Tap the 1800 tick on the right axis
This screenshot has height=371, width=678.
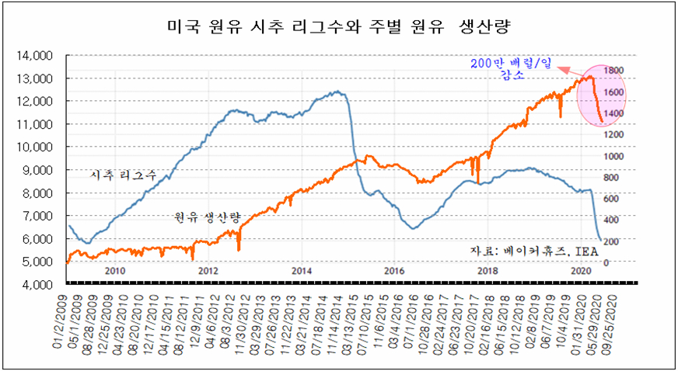point(613,71)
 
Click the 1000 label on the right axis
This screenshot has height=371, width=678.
point(613,156)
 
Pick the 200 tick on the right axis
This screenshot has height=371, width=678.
point(610,241)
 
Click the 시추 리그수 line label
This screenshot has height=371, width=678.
point(124,176)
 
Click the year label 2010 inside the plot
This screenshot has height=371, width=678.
point(114,271)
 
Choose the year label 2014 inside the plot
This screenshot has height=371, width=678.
point(301,271)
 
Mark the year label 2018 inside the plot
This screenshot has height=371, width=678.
point(488,271)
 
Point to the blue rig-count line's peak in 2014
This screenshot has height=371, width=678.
point(336,92)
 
